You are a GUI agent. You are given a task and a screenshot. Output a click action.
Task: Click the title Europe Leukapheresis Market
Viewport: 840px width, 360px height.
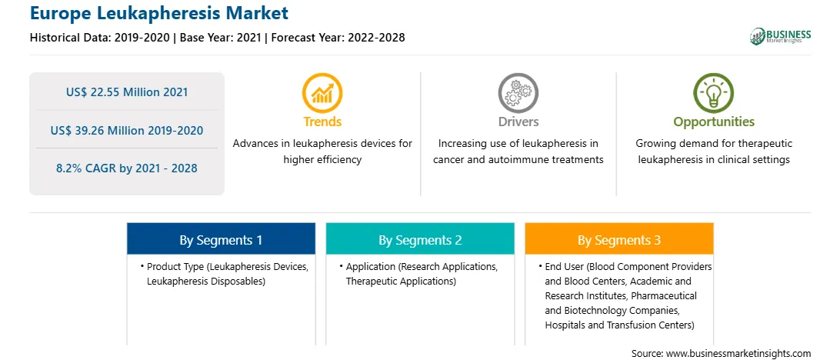pos(159,13)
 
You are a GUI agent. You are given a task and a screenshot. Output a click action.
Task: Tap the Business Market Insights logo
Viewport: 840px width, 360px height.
pos(781,36)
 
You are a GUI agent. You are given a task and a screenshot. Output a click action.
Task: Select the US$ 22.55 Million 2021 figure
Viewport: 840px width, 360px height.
pos(127,92)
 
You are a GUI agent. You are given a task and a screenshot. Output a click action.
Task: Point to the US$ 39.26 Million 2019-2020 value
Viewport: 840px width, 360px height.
pos(127,131)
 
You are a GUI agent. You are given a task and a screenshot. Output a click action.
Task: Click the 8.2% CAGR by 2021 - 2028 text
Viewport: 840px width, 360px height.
pos(127,168)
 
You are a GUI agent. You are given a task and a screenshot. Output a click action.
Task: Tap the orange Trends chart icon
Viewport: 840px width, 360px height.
pos(322,92)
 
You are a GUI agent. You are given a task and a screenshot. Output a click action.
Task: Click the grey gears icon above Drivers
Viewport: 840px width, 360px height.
pos(518,92)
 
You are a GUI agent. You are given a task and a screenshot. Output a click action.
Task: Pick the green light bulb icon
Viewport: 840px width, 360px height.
pos(714,92)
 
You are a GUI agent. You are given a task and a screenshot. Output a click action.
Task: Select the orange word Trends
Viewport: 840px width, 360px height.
pos(322,122)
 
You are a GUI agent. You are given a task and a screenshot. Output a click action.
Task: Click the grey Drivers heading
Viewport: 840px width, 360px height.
pos(518,122)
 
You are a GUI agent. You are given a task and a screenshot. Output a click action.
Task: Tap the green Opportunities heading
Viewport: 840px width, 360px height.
pos(714,122)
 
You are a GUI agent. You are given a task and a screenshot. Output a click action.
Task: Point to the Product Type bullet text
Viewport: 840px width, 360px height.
pos(225,274)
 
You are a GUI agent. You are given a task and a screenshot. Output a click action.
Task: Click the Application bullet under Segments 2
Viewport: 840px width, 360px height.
pos(419,274)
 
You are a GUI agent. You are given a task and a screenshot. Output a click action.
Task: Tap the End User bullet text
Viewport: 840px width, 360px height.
pos(625,295)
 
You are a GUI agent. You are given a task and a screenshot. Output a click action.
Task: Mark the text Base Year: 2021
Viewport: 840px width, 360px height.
pos(221,38)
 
